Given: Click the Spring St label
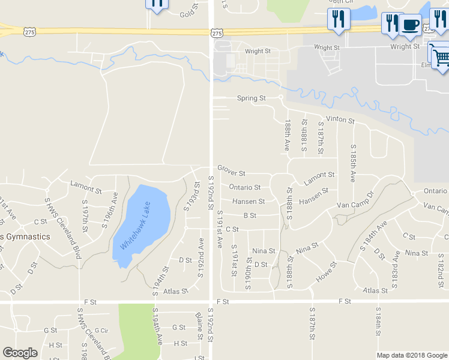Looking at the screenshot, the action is tap(251, 98).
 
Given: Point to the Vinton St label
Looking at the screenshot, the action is tap(340, 120).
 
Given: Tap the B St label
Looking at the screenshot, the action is tap(250, 215).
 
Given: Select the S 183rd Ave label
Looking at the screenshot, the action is tap(395, 270).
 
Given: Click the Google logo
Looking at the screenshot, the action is tap(20, 353).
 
